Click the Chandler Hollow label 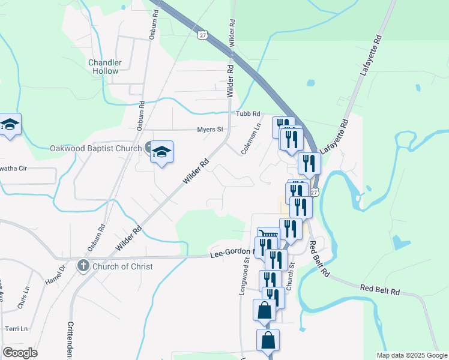[x=105, y=67]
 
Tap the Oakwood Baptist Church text [x=95, y=148]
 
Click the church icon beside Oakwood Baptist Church [x=149, y=148]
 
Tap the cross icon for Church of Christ [x=83, y=266]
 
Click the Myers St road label [x=210, y=129]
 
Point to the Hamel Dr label [x=55, y=275]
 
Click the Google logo [x=20, y=353]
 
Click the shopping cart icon [x=268, y=235]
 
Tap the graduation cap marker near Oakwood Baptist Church [x=161, y=152]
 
